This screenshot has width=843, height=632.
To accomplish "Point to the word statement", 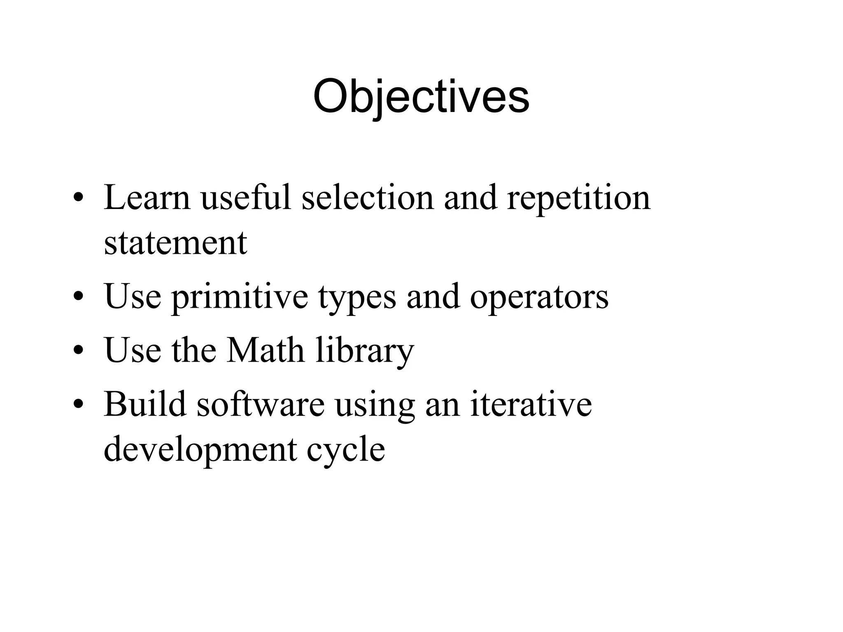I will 175,244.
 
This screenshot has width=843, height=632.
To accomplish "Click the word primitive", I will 240,297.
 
